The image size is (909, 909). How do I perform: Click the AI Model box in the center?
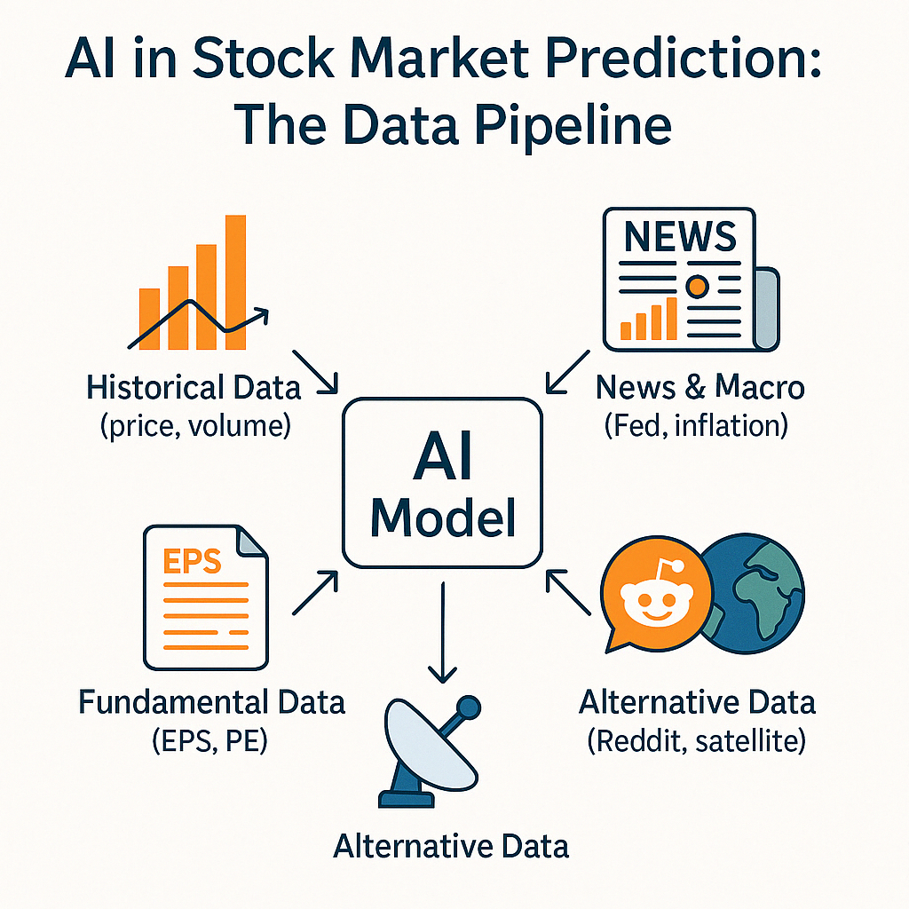(x=442, y=482)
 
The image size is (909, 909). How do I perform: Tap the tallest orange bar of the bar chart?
(x=235, y=282)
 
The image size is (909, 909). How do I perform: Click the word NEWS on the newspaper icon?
(x=680, y=236)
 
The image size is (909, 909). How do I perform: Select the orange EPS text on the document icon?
(x=192, y=561)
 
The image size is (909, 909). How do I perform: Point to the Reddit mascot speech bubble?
(x=656, y=594)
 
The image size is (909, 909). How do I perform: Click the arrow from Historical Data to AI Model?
(x=315, y=372)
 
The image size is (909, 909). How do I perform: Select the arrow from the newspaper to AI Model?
(x=568, y=372)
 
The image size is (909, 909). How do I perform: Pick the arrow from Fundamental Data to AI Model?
(x=315, y=592)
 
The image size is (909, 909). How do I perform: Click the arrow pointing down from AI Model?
(x=442, y=632)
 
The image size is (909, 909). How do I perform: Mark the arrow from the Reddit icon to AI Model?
(x=568, y=592)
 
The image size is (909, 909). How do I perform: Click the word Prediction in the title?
(x=683, y=58)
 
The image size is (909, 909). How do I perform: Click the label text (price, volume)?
(x=195, y=426)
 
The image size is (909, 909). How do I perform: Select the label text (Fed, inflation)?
(x=696, y=425)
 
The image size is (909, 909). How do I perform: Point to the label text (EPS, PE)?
(x=209, y=741)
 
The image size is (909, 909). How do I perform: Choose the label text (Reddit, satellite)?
(x=697, y=741)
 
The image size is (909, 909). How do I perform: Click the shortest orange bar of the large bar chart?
(x=149, y=320)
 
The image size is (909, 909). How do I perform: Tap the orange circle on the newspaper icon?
(x=697, y=286)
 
